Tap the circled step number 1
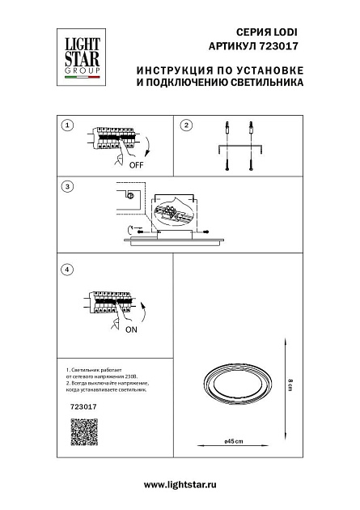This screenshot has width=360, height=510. [68, 125]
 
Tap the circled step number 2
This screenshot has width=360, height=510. [186, 125]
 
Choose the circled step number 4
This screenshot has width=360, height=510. [68, 269]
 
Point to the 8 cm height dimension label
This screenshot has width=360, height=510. [289, 385]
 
